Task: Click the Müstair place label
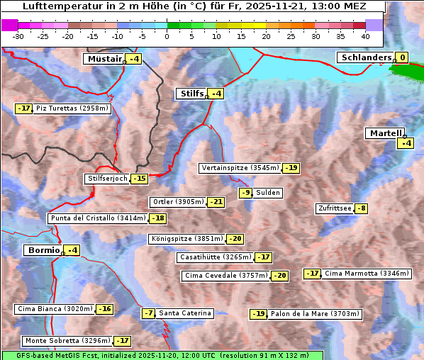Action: (x=104, y=59)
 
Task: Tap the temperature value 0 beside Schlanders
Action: (x=402, y=58)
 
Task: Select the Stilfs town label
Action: (x=191, y=94)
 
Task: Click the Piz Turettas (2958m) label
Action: (x=72, y=108)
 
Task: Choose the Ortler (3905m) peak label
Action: (x=178, y=202)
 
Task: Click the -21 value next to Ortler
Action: (x=216, y=202)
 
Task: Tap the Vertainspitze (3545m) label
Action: (x=240, y=168)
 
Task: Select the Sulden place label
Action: (x=268, y=193)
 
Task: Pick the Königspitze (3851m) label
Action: (x=186, y=239)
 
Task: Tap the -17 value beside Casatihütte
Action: (x=262, y=257)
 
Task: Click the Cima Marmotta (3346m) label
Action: (x=357, y=274)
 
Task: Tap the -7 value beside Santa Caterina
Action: (x=148, y=313)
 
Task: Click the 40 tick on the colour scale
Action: (x=365, y=36)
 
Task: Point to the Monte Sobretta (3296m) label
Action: (x=67, y=341)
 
